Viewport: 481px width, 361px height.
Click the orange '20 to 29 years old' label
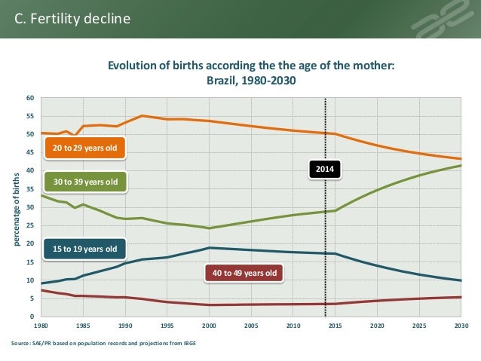point(84,148)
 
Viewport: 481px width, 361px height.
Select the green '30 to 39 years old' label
point(84,182)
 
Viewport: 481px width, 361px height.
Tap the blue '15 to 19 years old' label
point(84,248)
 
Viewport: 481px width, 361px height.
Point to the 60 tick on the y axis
point(30,98)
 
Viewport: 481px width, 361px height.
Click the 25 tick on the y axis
point(30,225)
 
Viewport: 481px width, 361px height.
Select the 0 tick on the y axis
point(32,317)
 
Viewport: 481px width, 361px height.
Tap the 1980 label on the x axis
point(41,327)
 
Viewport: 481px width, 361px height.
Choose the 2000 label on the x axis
point(209,327)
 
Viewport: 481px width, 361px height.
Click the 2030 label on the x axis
point(461,327)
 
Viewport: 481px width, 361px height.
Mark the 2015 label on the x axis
point(335,327)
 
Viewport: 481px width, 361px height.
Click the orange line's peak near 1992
point(142,115)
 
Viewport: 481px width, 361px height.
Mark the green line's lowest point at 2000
point(210,228)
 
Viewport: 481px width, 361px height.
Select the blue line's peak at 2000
point(210,248)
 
